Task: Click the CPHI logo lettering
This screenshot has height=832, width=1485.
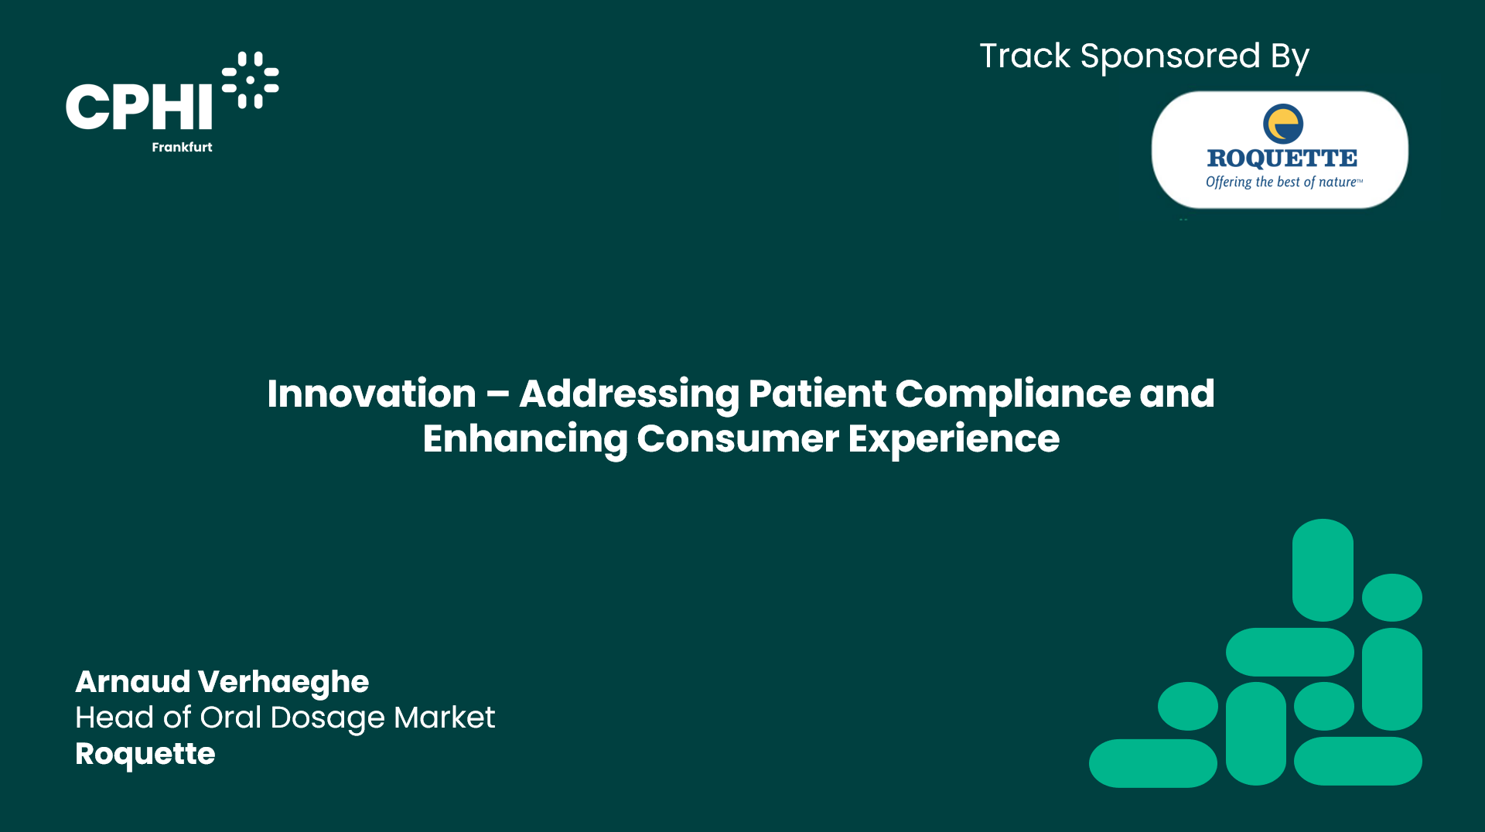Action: pos(139,107)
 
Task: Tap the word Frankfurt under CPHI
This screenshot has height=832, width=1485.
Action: pos(182,147)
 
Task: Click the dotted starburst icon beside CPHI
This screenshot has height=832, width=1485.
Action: pos(251,80)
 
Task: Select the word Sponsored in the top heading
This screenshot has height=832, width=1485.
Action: pos(1170,57)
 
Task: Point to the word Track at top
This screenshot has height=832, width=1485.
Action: pos(1025,56)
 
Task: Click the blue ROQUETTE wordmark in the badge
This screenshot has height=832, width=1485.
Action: pos(1282,159)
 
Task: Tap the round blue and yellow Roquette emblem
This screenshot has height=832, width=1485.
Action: pos(1283,124)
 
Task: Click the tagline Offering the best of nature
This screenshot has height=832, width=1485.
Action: pos(1284,182)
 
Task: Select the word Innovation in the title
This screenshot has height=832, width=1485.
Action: pos(371,394)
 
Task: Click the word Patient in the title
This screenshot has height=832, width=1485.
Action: pos(817,394)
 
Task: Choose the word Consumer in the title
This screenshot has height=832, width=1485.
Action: pos(738,439)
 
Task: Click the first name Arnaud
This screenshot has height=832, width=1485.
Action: pos(133,682)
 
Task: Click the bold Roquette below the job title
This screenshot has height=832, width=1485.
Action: pos(145,755)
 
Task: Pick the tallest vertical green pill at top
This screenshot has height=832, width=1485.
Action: pos(1323,570)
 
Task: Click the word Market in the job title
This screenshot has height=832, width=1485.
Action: pos(444,718)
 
